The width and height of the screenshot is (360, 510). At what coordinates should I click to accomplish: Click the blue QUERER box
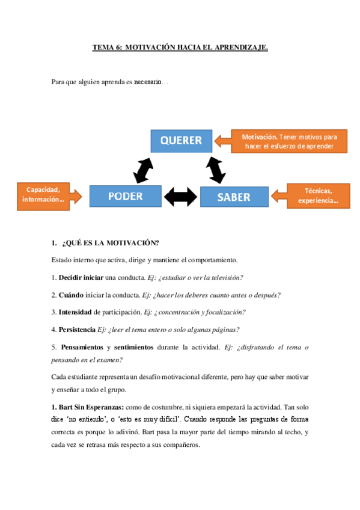(x=181, y=141)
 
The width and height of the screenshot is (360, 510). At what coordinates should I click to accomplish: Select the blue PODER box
(x=125, y=196)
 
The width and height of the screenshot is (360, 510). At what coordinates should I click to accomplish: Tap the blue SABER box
(x=233, y=197)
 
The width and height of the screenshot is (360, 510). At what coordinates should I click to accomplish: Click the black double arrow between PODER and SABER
(x=180, y=196)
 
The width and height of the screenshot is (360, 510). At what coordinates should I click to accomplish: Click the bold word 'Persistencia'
(x=77, y=329)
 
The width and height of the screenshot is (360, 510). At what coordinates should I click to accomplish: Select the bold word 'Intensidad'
(x=75, y=312)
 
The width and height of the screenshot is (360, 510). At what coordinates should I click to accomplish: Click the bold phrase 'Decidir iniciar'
(x=81, y=277)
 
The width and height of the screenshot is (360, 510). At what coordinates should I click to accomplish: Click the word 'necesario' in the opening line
(x=147, y=82)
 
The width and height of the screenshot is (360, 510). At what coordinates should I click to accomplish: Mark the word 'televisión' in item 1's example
(x=227, y=277)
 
